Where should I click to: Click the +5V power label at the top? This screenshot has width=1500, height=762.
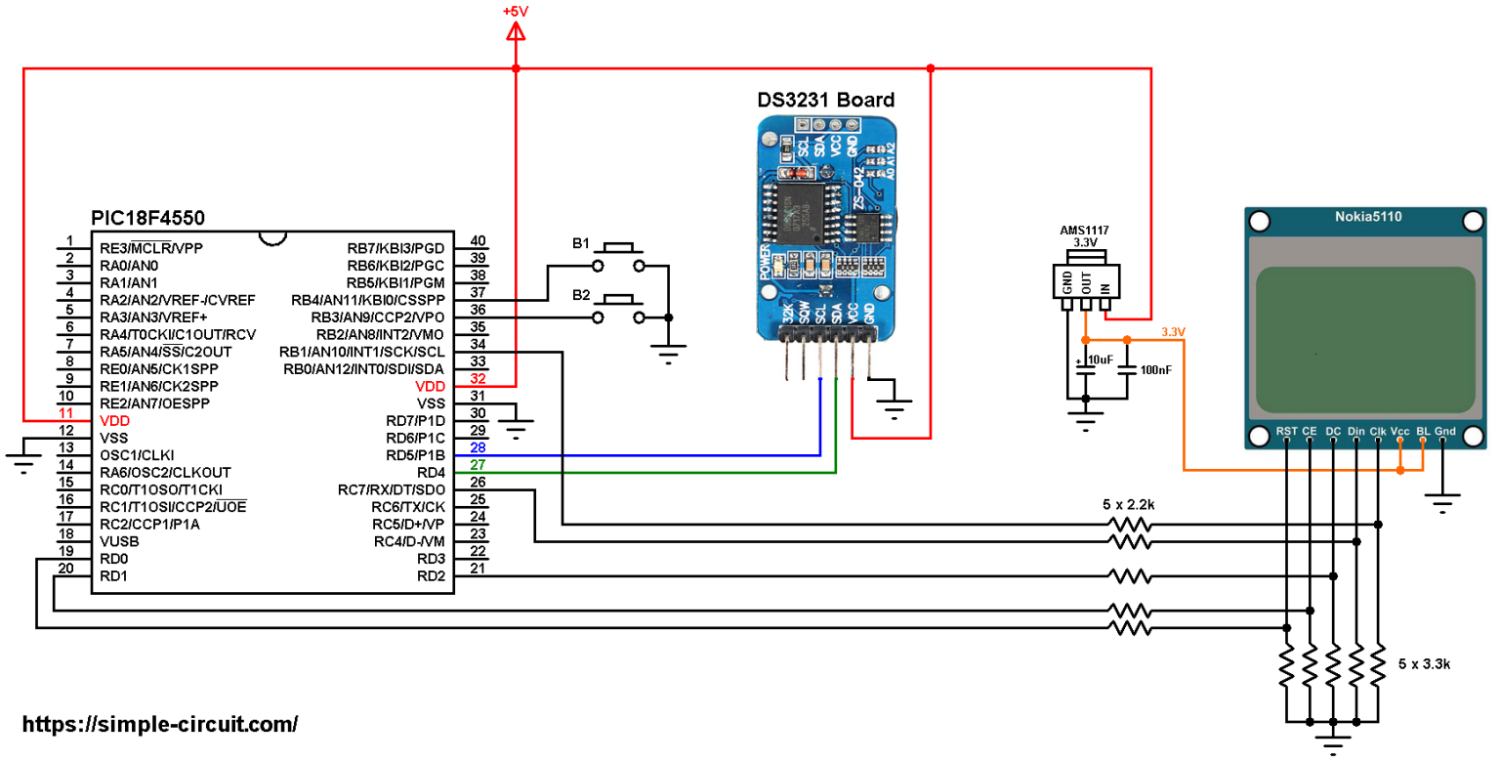516,11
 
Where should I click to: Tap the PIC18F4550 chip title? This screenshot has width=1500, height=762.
147,217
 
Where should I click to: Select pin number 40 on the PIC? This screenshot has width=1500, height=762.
479,241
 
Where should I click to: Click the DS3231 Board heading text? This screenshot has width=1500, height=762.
826,100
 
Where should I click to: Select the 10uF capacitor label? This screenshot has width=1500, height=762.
1100,360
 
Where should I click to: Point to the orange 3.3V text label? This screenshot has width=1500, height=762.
1173,332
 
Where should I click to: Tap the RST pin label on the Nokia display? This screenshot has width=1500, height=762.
1286,431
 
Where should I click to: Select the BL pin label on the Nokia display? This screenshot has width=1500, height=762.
1424,431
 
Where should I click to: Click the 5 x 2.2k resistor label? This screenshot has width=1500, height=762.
1129,505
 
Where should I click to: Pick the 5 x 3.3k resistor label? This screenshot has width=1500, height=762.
1425,663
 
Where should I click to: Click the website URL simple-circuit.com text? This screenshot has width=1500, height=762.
159,724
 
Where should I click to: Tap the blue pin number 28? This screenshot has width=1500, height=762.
479,446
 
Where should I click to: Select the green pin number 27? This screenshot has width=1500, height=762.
479,464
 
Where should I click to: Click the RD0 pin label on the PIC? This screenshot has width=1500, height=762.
113,559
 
